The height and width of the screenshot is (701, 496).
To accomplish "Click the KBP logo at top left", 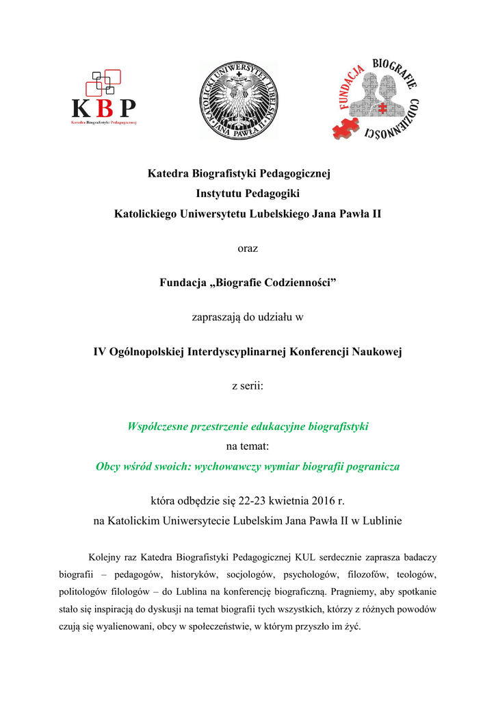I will pyautogui.click(x=104, y=99).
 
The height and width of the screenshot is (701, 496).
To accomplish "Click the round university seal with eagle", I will pyautogui.click(x=238, y=100).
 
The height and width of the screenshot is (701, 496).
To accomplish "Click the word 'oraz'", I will pyautogui.click(x=248, y=248).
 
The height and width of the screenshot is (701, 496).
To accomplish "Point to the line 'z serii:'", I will pyautogui.click(x=248, y=386).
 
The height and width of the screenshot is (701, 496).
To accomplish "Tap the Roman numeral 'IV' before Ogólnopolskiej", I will pyautogui.click(x=101, y=352).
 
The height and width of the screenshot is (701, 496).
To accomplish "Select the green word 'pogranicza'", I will pyautogui.click(x=372, y=467).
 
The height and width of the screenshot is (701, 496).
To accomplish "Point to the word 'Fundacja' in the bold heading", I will pyautogui.click(x=183, y=283).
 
